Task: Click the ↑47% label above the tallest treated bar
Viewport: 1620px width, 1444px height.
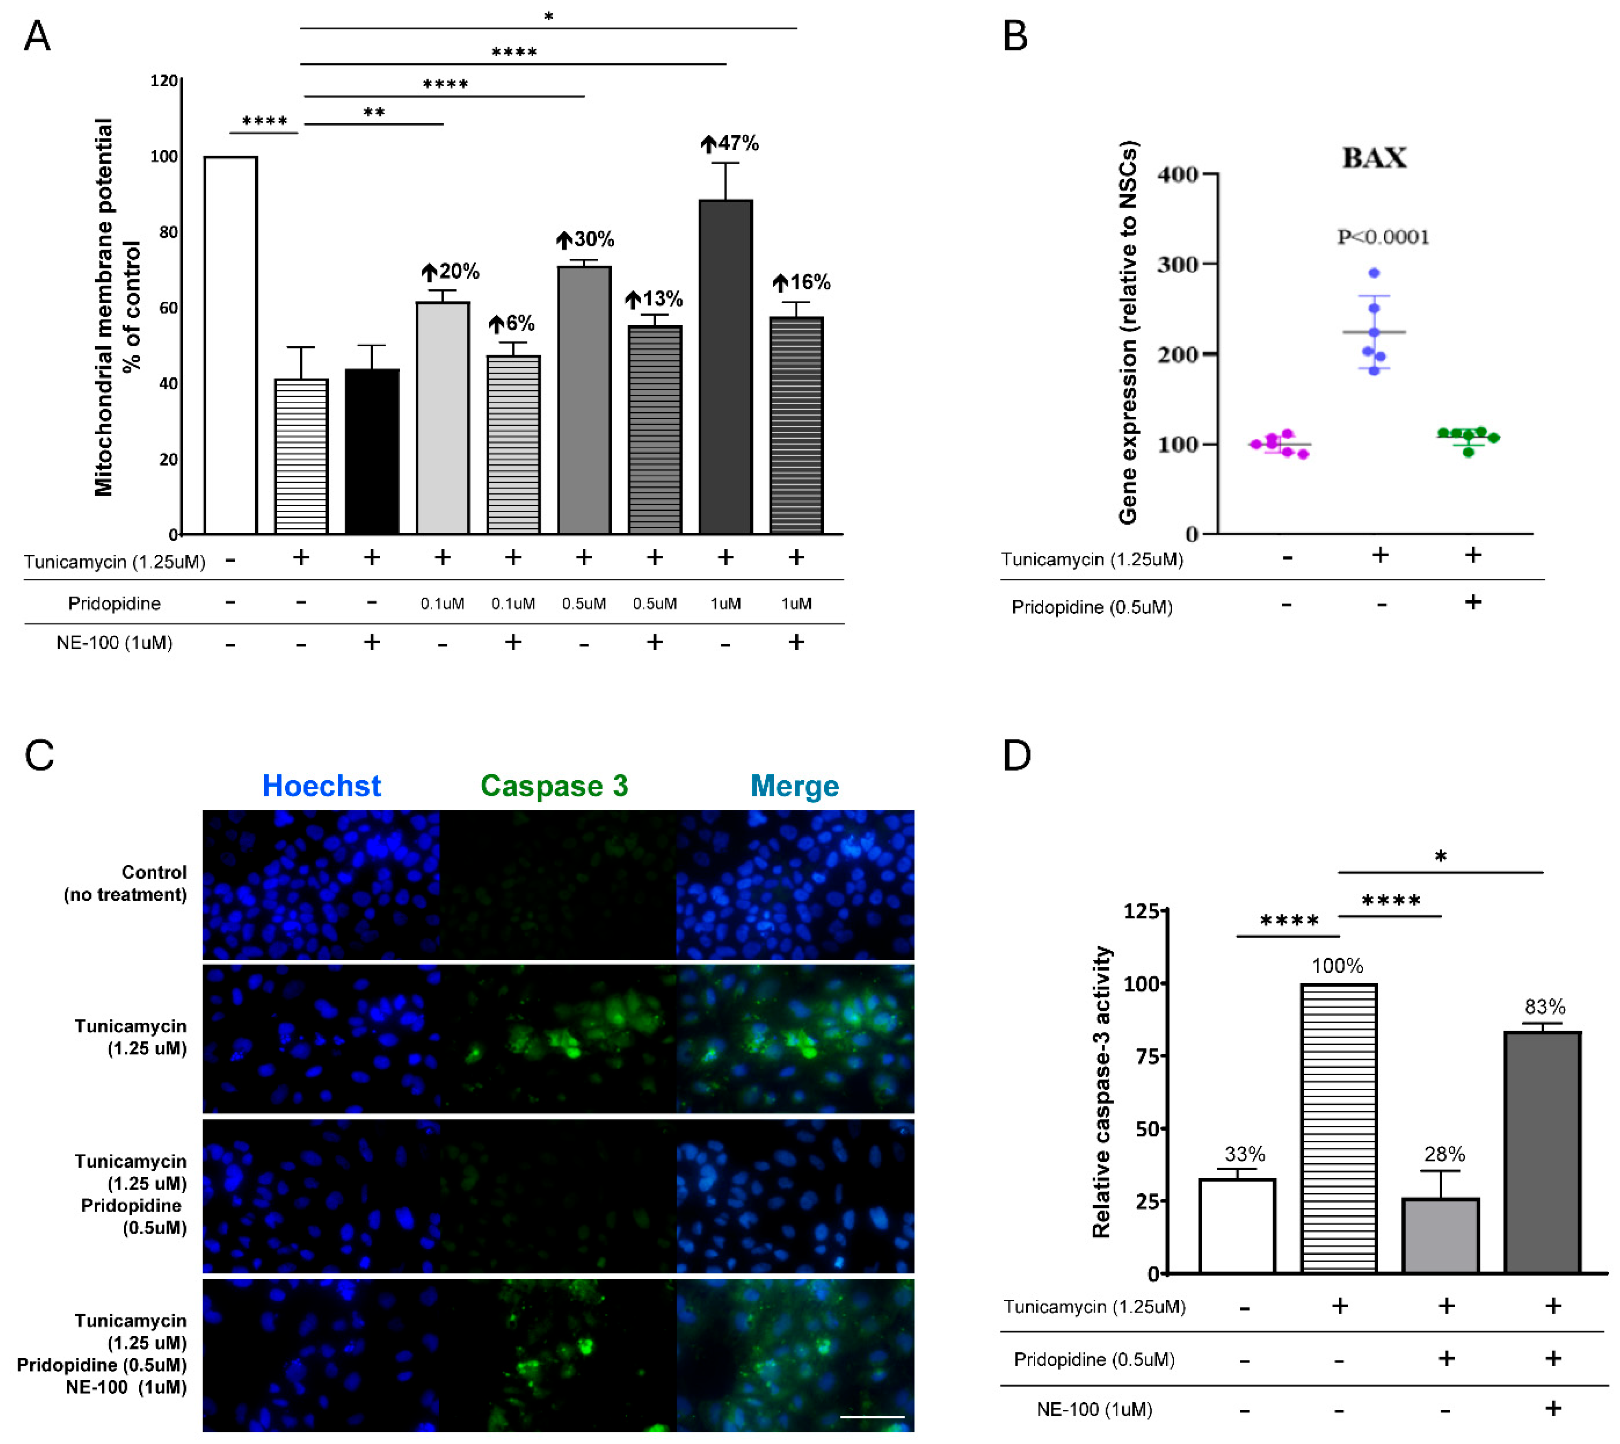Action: pos(730,144)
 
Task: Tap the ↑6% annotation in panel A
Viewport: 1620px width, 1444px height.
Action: pos(512,324)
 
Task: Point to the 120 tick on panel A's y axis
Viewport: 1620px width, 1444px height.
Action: pos(164,81)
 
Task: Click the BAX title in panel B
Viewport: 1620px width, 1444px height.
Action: pos(1374,158)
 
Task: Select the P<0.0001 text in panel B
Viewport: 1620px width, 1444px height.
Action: pos(1383,237)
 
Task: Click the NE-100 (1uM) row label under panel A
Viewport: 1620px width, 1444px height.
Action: pos(114,643)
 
